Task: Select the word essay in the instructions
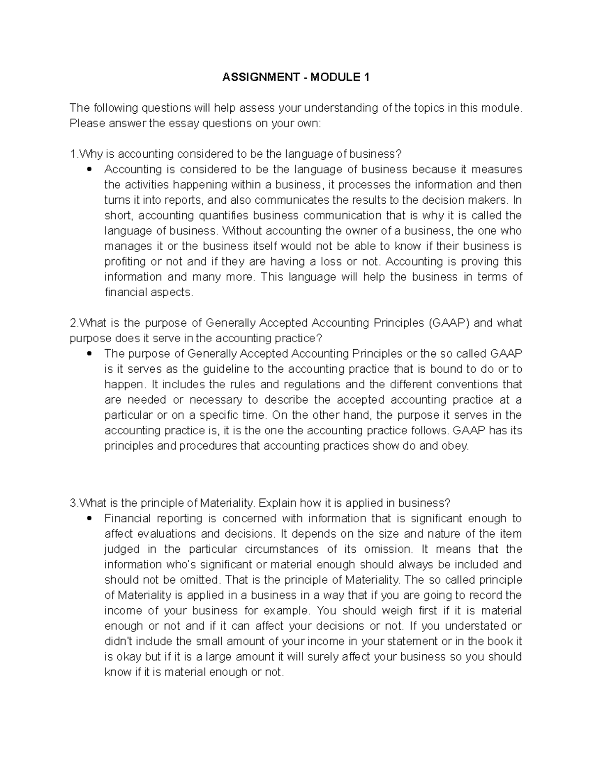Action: tap(184, 123)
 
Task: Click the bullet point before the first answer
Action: tap(89, 170)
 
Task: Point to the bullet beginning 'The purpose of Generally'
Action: tap(89, 354)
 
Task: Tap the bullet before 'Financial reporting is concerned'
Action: tap(89, 519)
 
